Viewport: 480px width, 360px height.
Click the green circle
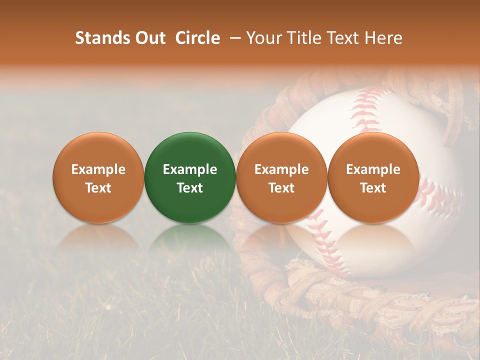point(189,177)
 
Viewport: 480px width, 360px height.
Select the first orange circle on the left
point(98,177)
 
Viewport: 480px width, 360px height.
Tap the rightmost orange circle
point(373,177)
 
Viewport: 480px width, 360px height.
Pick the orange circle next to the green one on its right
point(281,177)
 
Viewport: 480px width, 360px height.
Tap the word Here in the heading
point(383,38)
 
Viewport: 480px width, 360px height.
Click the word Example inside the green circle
point(189,169)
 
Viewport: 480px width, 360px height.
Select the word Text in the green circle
point(189,188)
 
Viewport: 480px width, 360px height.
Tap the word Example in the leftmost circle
point(98,169)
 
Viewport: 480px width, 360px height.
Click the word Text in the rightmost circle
point(373,188)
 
